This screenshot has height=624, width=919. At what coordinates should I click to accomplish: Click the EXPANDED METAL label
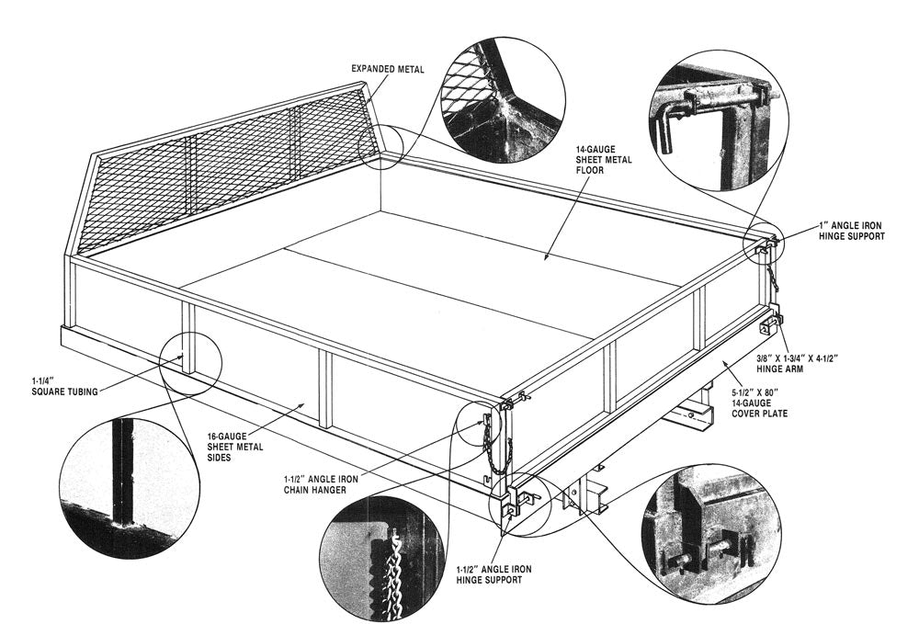(387, 69)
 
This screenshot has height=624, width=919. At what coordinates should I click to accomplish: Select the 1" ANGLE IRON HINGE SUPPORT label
(851, 231)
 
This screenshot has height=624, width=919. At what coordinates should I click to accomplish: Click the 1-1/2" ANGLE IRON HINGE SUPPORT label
(493, 574)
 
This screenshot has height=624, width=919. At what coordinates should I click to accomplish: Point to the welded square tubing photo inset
(129, 476)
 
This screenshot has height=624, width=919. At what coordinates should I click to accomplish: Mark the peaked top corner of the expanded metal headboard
(366, 85)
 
